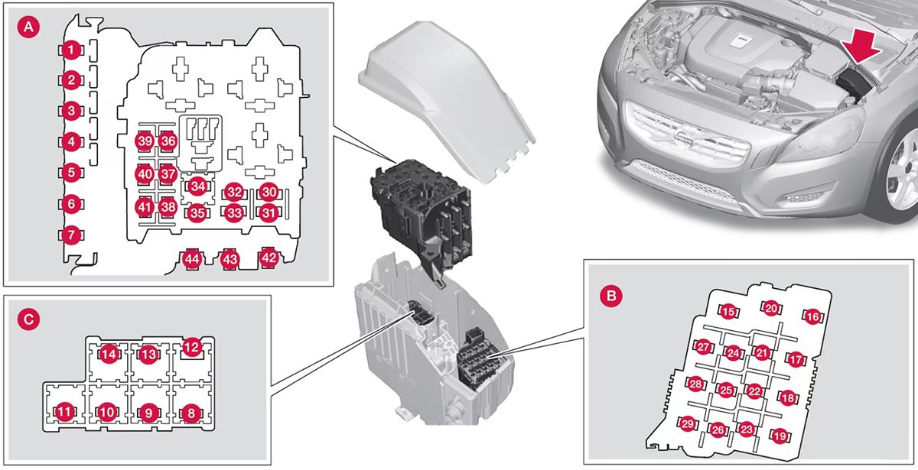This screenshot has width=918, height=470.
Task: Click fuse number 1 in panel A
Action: click(x=70, y=50)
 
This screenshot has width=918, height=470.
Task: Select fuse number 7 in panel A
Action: click(x=70, y=235)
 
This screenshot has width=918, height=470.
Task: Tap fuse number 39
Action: click(x=145, y=141)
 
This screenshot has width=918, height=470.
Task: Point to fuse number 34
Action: click(x=198, y=186)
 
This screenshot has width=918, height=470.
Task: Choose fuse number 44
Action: click(x=192, y=260)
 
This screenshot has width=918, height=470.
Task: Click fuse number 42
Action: click(x=269, y=258)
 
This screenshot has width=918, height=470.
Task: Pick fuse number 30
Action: click(x=268, y=192)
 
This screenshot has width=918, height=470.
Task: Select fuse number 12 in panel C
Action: click(x=191, y=348)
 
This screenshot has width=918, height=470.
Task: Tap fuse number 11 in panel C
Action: click(x=66, y=413)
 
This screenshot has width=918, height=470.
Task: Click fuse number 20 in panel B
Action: click(x=771, y=308)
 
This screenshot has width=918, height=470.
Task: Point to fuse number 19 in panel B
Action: click(x=780, y=436)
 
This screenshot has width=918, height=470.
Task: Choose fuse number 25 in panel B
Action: click(x=726, y=390)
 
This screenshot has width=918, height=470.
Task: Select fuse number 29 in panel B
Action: click(x=688, y=424)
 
